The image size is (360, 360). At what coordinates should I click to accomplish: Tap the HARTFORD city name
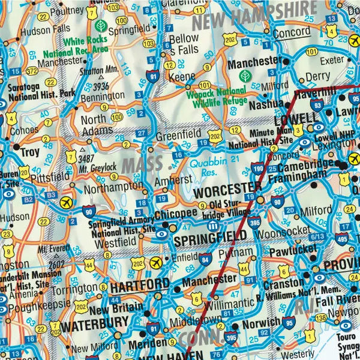pyautogui.click(x=142, y=283)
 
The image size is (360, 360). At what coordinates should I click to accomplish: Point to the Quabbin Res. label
pyautogui.click(x=208, y=167)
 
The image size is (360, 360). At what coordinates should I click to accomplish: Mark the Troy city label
pyautogui.click(x=29, y=152)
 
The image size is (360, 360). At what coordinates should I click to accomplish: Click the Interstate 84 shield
pyautogui.click(x=206, y=259)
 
